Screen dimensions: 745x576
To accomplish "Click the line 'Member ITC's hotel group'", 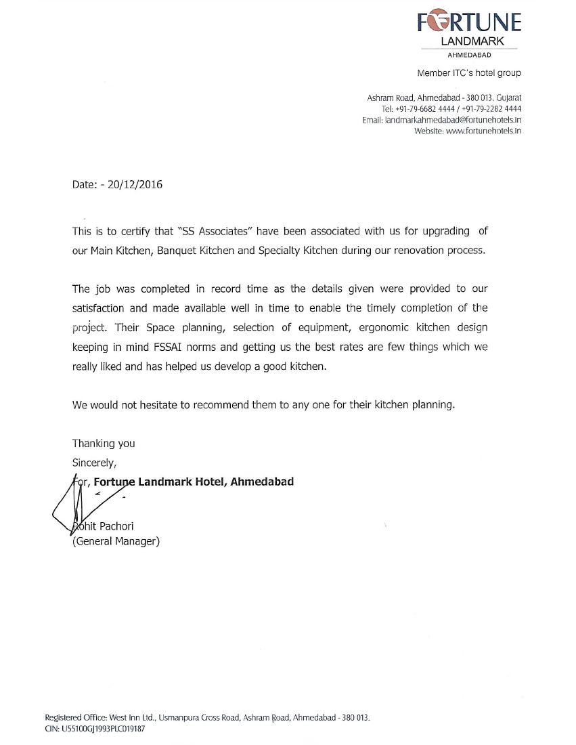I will (469, 73).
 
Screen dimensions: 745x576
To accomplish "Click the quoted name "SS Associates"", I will (211, 231).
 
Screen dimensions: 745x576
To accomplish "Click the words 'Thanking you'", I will (104, 444).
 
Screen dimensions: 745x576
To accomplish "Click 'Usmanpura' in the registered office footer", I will (183, 717).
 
